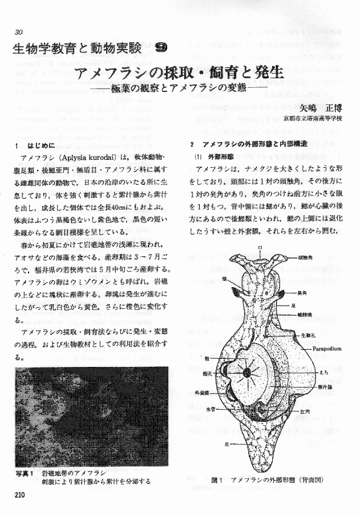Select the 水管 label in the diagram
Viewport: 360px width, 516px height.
(208, 409)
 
